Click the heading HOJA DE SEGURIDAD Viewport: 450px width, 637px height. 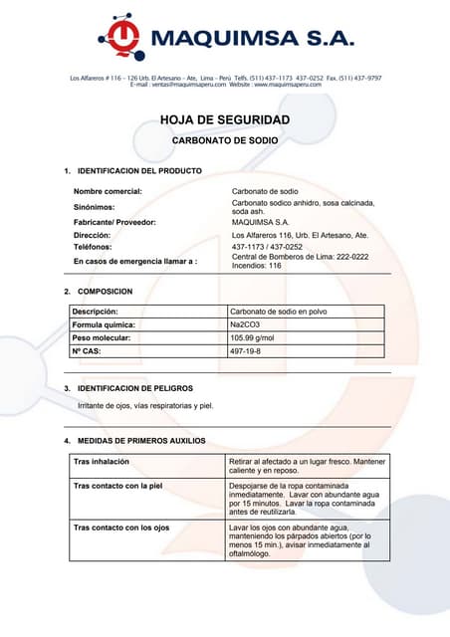(225, 120)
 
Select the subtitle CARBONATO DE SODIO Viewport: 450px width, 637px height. (225, 141)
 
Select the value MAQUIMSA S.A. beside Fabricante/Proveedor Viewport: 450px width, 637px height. (260, 222)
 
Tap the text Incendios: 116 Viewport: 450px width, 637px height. (257, 266)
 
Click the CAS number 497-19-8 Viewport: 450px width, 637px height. (247, 352)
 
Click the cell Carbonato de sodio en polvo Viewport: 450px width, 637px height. (278, 312)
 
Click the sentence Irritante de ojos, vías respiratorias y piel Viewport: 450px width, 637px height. (145, 405)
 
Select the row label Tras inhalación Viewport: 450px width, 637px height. (102, 462)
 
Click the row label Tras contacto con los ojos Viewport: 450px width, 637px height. (122, 528)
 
